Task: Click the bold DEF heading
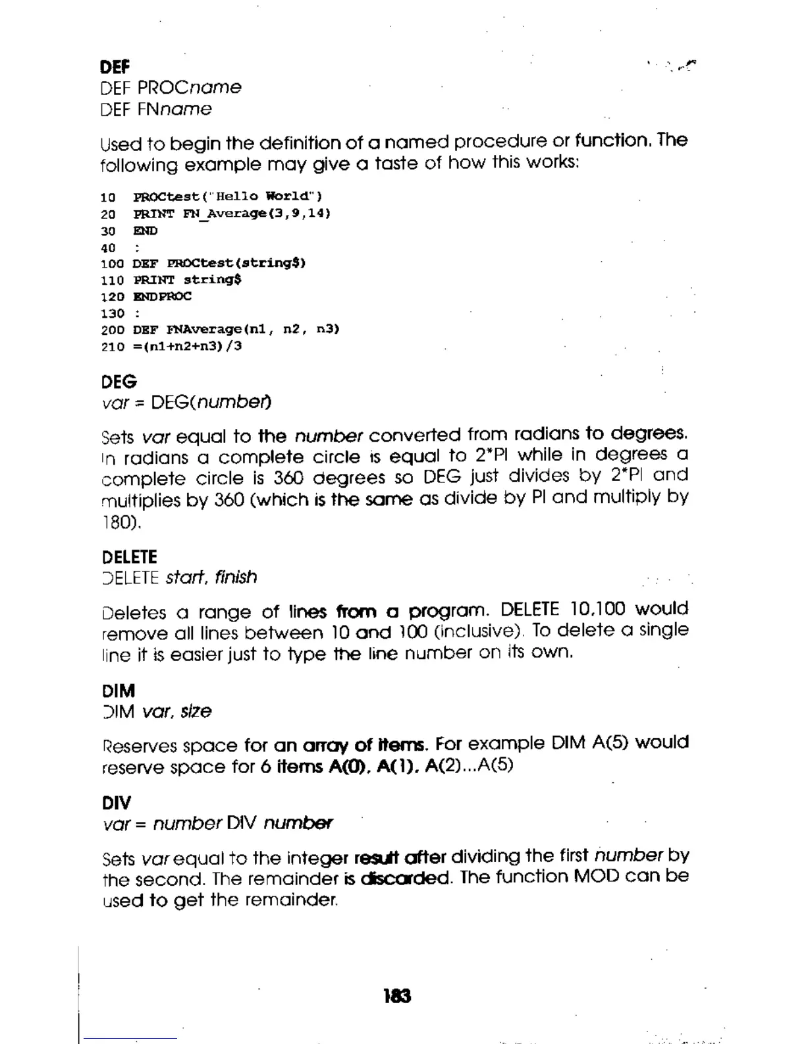click(x=115, y=67)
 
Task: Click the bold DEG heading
click(x=119, y=382)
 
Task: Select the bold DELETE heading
click(x=130, y=557)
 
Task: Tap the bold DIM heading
click(x=119, y=691)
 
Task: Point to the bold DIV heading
click(x=117, y=803)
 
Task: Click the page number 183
click(x=397, y=996)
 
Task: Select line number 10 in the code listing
click(x=108, y=197)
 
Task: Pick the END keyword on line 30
click(x=146, y=231)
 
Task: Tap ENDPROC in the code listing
click(x=162, y=297)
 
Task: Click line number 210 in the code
click(x=112, y=346)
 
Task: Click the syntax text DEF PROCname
click(x=171, y=88)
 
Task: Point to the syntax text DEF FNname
click(x=156, y=109)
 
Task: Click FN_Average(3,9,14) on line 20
click(x=257, y=214)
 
